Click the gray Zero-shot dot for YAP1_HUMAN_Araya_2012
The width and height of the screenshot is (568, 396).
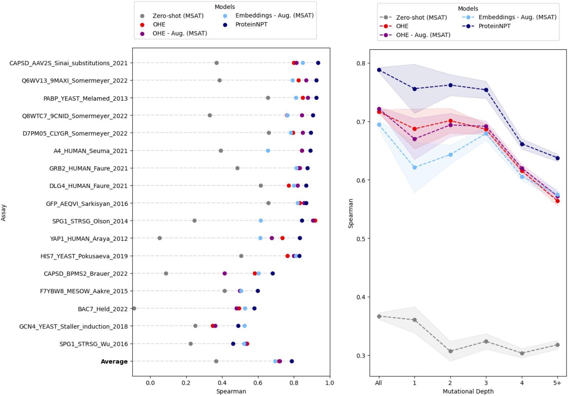160,238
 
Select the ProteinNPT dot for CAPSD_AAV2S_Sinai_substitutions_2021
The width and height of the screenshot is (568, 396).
318,63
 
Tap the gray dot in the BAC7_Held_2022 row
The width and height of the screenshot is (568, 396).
134,309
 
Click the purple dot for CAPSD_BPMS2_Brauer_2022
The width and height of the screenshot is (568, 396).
225,273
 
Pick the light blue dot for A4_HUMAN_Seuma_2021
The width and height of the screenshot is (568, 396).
268,151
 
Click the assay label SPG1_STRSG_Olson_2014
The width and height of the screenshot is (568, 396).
90,221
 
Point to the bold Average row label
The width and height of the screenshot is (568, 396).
114,362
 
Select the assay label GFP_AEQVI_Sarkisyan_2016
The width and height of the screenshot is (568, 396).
87,204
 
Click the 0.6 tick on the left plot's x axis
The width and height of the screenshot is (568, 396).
258,383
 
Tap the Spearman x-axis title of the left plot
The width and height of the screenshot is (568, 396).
231,391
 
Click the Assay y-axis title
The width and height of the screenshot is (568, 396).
4,213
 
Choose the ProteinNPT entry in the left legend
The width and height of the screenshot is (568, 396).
251,24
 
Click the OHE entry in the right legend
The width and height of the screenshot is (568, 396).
402,26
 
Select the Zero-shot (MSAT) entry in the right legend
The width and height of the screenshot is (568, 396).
421,17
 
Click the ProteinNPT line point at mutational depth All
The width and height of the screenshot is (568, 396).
379,70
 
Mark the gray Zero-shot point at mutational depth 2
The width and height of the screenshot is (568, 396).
450,351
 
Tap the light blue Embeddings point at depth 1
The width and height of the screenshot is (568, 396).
414,167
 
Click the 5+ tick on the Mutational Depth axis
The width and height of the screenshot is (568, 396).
557,383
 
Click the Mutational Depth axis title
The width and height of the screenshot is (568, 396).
468,391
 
